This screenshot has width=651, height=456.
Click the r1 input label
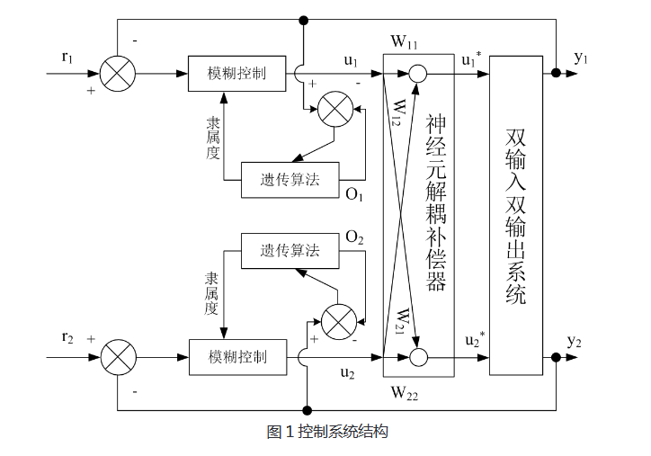point(67,58)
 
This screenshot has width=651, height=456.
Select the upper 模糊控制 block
point(237,74)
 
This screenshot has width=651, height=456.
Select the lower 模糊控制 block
point(237,357)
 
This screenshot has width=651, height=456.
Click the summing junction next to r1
point(117,74)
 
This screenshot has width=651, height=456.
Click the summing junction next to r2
point(117,357)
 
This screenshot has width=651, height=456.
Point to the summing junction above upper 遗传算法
point(336,111)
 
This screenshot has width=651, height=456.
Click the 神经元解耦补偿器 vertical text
point(436,202)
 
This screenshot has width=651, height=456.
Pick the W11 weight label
point(404,41)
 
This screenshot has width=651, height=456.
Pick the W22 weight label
point(405,392)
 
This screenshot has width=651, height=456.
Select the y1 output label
point(582,58)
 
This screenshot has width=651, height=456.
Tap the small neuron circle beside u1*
point(418,74)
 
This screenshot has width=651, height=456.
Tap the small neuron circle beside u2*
point(418,358)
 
